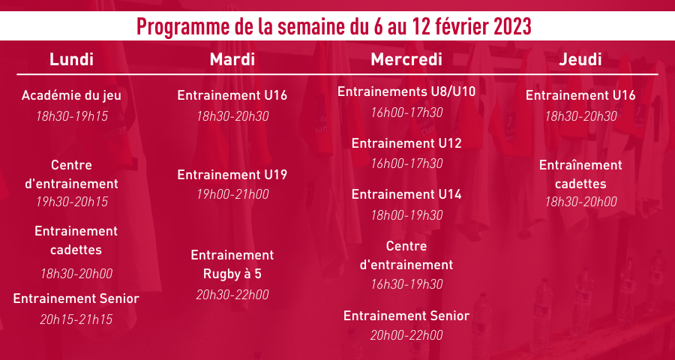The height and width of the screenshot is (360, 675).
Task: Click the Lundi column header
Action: tap(71, 59)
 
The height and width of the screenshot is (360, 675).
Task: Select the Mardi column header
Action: tap(232, 59)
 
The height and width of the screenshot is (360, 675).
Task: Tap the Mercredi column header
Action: tap(406, 59)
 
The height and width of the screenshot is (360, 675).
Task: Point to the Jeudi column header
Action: tap(580, 59)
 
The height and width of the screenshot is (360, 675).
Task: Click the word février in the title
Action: tap(461, 27)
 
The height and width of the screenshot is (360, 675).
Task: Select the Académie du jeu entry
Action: tap(71, 95)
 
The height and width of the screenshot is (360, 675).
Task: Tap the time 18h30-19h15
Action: tap(72, 116)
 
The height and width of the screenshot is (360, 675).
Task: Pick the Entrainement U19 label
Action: tap(232, 175)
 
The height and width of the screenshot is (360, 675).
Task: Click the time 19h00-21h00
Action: tap(232, 195)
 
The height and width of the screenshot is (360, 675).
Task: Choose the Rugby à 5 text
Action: tap(232, 274)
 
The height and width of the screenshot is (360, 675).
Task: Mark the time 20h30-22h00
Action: tap(232, 295)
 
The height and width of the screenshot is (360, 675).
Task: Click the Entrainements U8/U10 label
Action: tap(406, 91)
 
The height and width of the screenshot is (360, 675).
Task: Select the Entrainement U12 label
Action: tap(406, 143)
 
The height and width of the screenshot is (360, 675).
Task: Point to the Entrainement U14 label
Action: tap(406, 195)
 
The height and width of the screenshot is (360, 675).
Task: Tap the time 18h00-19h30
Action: tap(406, 215)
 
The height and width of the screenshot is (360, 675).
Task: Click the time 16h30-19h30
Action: tap(406, 285)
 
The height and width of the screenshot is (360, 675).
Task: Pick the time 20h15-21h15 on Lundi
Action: tap(76, 319)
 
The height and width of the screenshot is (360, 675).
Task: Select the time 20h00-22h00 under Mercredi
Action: tap(406, 336)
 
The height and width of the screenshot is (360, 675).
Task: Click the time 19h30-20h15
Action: tap(72, 202)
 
